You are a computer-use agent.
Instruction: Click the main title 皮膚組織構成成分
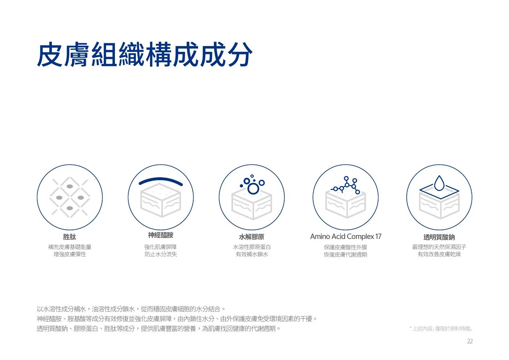145,54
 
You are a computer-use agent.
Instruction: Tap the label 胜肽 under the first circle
70,237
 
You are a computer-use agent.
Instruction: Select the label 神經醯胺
161,235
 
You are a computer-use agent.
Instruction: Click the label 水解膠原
252,237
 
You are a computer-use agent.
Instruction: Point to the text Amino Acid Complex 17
345,236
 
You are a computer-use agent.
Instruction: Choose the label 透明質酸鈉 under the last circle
439,237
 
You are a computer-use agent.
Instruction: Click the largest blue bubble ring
253,189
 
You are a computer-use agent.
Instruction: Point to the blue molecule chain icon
345,185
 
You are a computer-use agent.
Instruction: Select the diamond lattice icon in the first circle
70,197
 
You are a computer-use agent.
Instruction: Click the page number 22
470,341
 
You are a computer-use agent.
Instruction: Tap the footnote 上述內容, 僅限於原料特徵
441,328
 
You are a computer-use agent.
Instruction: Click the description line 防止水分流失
161,254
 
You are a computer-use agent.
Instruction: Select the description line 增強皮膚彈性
70,254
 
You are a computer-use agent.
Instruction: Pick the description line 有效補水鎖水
252,254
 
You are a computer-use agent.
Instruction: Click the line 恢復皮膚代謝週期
345,255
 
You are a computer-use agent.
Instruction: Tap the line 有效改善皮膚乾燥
439,254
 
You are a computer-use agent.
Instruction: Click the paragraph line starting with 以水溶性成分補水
131,309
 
